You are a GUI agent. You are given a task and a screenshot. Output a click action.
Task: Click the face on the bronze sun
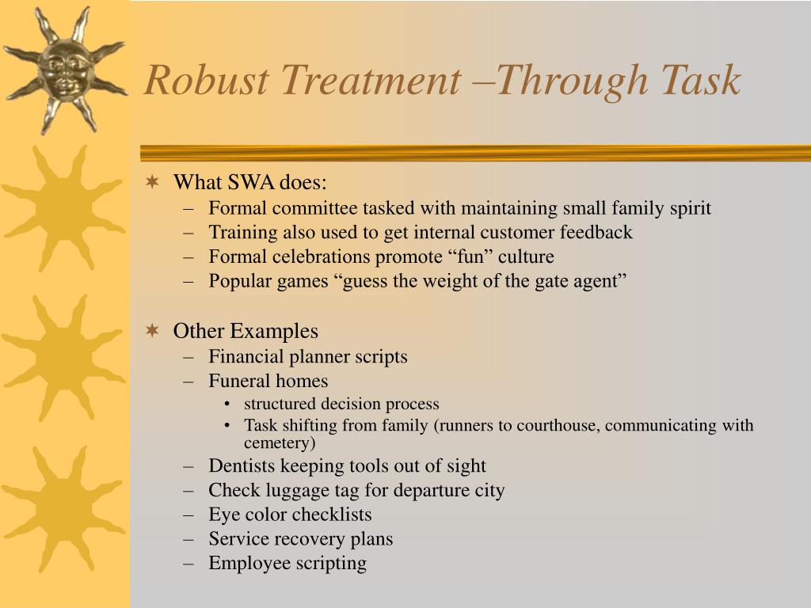64,69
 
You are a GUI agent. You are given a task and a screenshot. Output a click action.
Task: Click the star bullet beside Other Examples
153,331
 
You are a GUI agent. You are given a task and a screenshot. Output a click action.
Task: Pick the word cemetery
277,443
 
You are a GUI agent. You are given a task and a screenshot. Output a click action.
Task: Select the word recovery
308,539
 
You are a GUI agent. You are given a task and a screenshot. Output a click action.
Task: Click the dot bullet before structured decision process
228,404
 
